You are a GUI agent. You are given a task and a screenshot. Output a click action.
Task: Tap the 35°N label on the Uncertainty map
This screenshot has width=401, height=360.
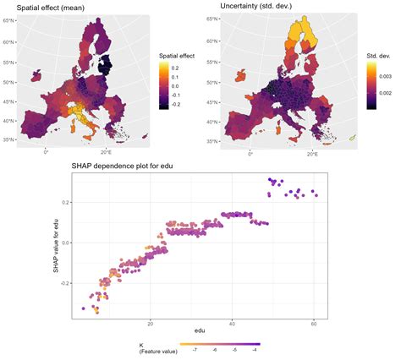[x=213, y=139]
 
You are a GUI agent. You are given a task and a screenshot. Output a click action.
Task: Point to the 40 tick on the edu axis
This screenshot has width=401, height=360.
[x=233, y=322]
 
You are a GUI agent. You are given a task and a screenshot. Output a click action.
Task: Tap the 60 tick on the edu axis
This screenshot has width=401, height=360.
[x=314, y=322]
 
